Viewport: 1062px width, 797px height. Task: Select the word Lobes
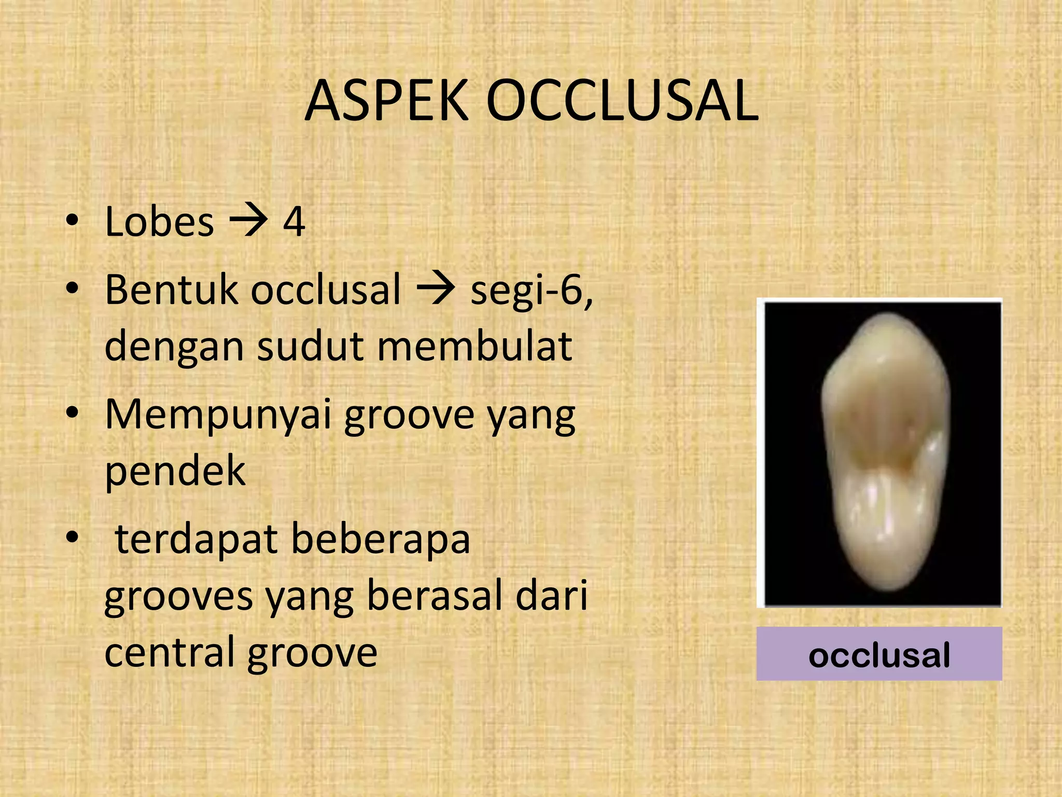tap(159, 222)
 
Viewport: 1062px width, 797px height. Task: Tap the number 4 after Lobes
tap(294, 222)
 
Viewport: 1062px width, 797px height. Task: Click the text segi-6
tap(532, 290)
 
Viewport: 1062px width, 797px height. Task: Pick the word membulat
tap(474, 346)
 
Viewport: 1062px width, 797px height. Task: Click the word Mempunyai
tap(218, 415)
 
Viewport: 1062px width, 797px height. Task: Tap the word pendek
tap(175, 471)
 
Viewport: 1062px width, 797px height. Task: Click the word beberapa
tap(381, 540)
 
